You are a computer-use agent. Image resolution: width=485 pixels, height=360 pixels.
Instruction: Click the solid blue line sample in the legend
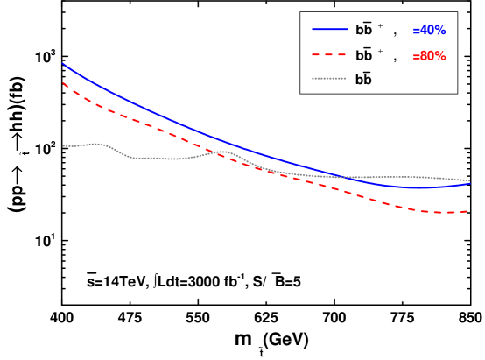coord(330,29)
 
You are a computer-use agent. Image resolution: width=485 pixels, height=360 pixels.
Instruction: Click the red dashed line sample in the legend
coord(330,54)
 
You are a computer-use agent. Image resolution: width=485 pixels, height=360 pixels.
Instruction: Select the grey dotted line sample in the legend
coord(330,79)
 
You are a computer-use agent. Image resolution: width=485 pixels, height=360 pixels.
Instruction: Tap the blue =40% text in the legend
coord(429,31)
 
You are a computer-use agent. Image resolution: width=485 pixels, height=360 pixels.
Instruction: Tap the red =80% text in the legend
coord(429,56)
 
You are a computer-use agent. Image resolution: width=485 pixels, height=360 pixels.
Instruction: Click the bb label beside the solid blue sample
coord(363,30)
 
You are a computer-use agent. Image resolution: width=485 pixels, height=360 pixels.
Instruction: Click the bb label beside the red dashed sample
coord(363,55)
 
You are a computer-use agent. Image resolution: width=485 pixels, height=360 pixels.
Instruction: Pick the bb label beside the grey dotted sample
coord(363,80)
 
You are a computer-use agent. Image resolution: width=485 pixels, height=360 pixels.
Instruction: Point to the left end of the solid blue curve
coord(63,63)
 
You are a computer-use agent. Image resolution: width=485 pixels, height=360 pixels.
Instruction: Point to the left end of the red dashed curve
coord(63,83)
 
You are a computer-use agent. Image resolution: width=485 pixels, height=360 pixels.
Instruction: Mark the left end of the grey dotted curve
coord(63,145)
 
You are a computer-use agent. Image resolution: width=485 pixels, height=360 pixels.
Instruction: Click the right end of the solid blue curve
coord(470,183)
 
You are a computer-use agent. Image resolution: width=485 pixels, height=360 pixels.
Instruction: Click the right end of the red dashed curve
coord(468,211)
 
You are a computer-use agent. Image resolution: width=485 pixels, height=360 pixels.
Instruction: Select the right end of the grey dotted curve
coord(470,180)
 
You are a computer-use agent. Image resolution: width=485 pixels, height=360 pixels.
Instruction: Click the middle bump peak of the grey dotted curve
coord(222,152)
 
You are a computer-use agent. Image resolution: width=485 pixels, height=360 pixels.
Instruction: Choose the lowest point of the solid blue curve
coord(418,187)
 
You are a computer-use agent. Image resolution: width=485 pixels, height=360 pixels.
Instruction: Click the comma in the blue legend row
coord(395,32)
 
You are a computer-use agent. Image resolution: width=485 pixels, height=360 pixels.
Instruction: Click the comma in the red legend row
coord(395,58)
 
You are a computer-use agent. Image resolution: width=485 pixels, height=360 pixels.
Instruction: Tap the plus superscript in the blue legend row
coord(380,25)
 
